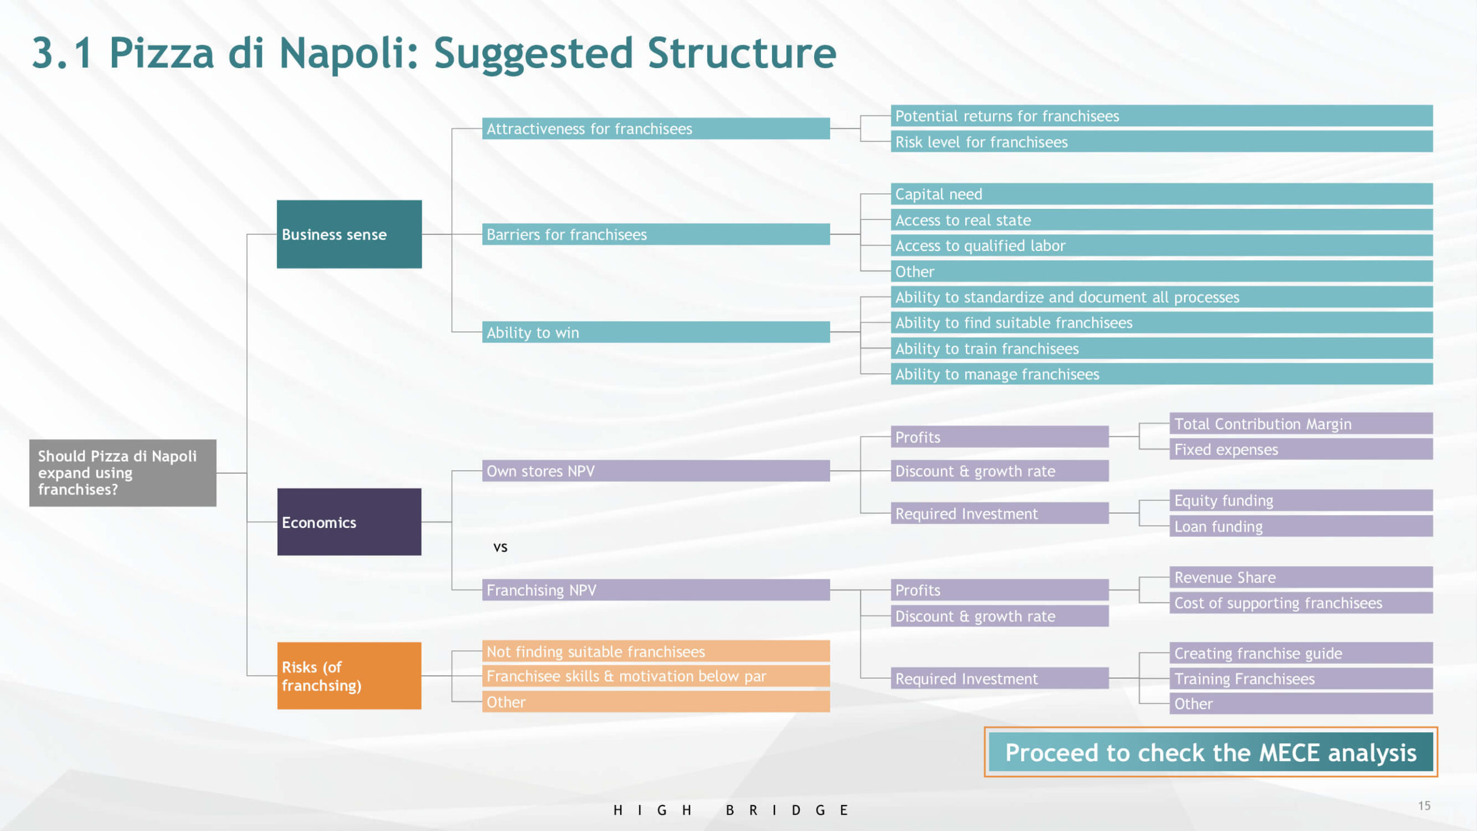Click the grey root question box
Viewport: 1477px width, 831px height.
click(x=123, y=473)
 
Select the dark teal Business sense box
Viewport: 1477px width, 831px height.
click(x=349, y=234)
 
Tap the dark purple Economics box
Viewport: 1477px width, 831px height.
click(x=349, y=522)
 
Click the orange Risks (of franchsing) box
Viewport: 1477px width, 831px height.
click(x=349, y=676)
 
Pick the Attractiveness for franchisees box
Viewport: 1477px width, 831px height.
click(x=656, y=129)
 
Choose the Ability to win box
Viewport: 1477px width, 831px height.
click(x=656, y=332)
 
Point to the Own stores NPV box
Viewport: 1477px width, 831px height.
click(x=656, y=471)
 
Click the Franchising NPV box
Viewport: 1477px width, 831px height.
click(x=656, y=590)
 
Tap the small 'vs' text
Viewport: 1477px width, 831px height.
click(x=500, y=547)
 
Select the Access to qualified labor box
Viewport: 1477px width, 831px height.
click(x=1161, y=245)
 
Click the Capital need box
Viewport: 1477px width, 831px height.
click(x=1161, y=194)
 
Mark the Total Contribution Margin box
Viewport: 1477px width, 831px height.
click(x=1301, y=424)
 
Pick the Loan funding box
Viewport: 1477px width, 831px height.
click(x=1301, y=526)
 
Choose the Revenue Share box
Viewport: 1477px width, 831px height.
click(x=1301, y=577)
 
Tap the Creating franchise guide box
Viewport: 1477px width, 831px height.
click(x=1301, y=653)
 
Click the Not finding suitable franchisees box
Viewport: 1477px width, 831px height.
click(x=656, y=652)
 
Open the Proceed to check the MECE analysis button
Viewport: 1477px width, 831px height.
click(x=1210, y=752)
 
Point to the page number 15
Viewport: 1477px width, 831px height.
click(x=1424, y=806)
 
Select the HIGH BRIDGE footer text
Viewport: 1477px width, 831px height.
click(x=730, y=810)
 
